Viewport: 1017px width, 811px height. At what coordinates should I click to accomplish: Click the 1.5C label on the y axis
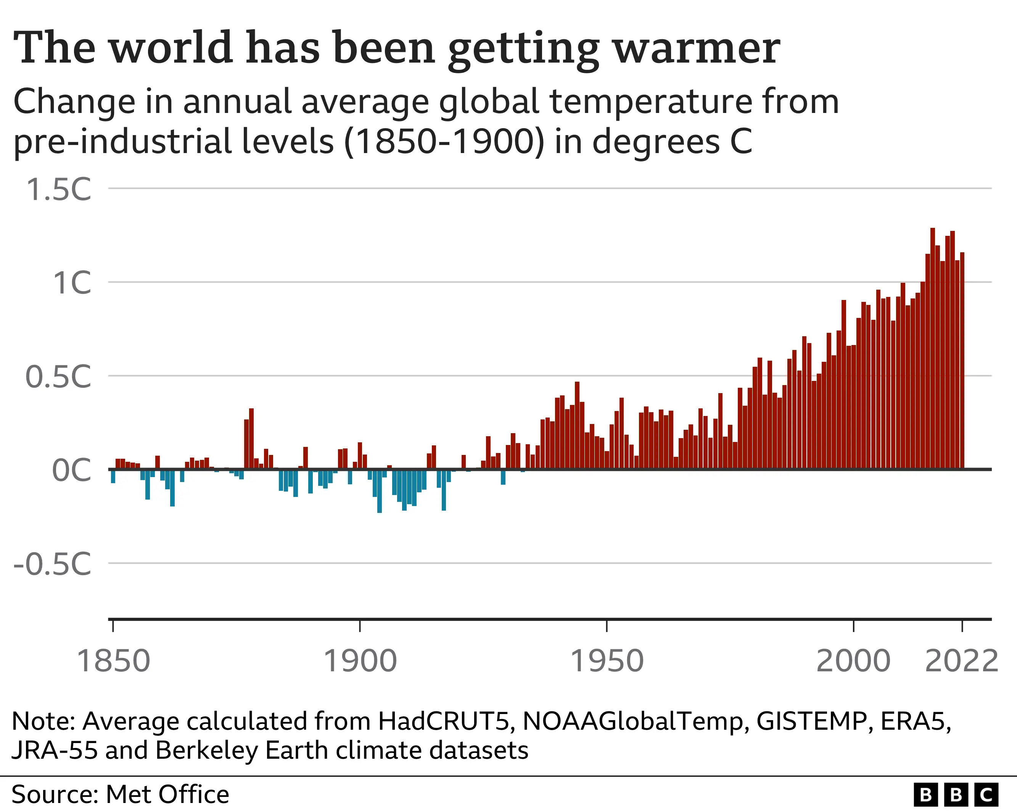(x=58, y=190)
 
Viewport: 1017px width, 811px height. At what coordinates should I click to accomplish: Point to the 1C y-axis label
(x=72, y=283)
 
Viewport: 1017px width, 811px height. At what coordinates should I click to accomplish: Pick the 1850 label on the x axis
(x=113, y=661)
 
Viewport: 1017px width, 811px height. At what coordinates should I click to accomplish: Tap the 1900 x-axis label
(x=360, y=661)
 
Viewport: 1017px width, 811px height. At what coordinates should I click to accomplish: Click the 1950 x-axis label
(x=607, y=661)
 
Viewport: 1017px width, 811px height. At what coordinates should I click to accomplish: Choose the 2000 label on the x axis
(x=853, y=661)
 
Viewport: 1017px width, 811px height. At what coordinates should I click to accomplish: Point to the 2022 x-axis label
(x=961, y=661)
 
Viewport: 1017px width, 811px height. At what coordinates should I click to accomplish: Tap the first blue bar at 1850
(x=113, y=476)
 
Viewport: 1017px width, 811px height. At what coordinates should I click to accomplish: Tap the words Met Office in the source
(x=167, y=795)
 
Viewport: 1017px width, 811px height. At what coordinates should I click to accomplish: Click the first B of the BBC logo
(x=926, y=795)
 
